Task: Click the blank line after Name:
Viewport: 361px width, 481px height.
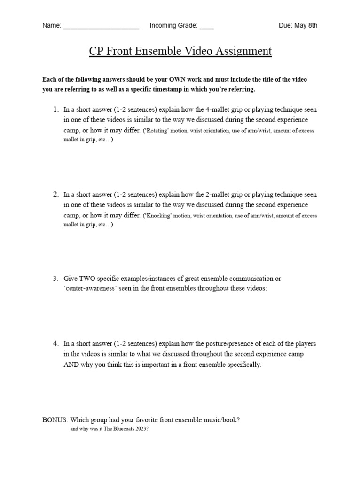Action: tap(101, 26)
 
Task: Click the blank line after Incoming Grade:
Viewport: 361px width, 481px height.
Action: tap(206, 26)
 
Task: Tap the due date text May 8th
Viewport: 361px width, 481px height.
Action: tap(306, 25)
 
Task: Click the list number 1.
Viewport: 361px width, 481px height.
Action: tap(55, 109)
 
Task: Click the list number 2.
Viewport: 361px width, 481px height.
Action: tap(55, 194)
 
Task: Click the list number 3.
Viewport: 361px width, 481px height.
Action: tap(55, 279)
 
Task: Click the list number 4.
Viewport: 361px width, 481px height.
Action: tap(55, 343)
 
